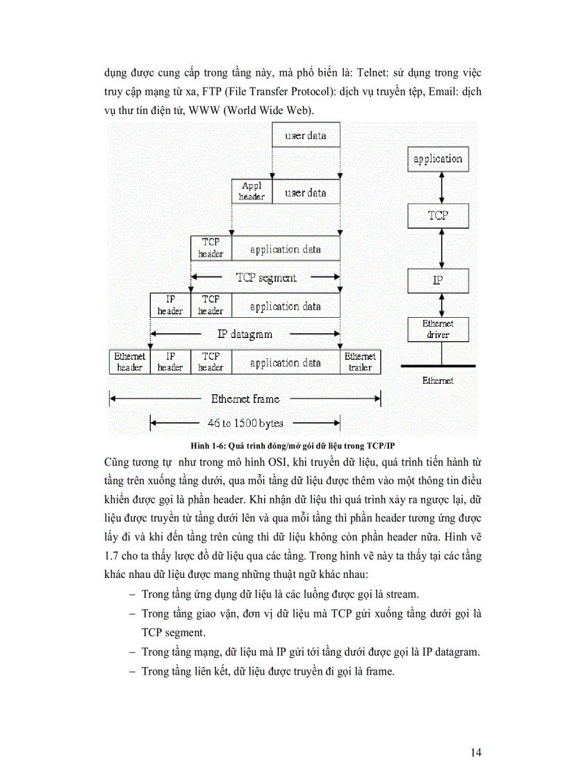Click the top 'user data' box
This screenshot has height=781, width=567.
click(306, 135)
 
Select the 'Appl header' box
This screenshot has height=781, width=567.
click(252, 191)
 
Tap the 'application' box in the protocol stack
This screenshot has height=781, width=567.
click(438, 159)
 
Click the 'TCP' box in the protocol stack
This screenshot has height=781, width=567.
click(438, 216)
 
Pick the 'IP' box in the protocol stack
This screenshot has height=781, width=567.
click(438, 280)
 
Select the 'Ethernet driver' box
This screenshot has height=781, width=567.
click(438, 329)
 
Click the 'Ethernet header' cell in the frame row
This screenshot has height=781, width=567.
click(129, 362)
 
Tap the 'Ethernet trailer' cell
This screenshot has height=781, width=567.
click(361, 362)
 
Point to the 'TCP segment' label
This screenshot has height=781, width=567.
click(265, 277)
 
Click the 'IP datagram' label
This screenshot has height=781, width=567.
click(245, 334)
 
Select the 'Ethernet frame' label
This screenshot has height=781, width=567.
click(245, 398)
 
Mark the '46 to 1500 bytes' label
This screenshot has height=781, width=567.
click(245, 422)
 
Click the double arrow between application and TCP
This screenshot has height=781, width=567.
click(438, 188)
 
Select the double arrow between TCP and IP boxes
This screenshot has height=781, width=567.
click(438, 248)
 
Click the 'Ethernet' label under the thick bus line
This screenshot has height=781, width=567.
click(438, 380)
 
